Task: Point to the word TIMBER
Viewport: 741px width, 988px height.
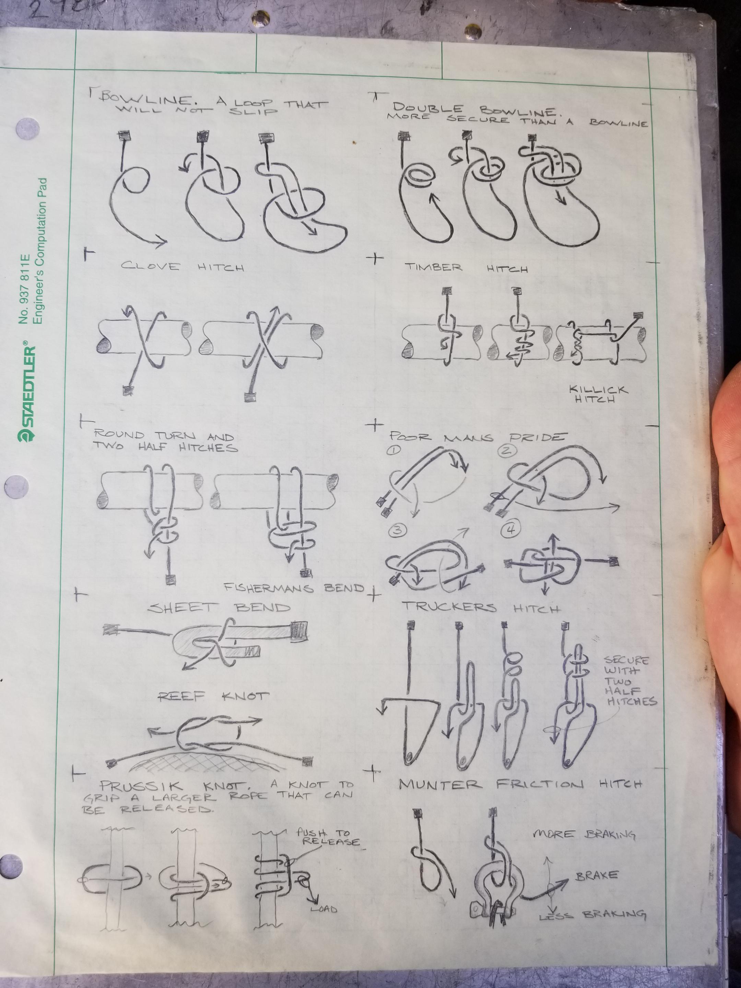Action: click(433, 268)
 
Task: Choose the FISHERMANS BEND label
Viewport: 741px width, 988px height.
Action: click(294, 588)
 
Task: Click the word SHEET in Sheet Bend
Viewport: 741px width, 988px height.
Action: click(183, 608)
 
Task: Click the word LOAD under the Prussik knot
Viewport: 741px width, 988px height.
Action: click(324, 909)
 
